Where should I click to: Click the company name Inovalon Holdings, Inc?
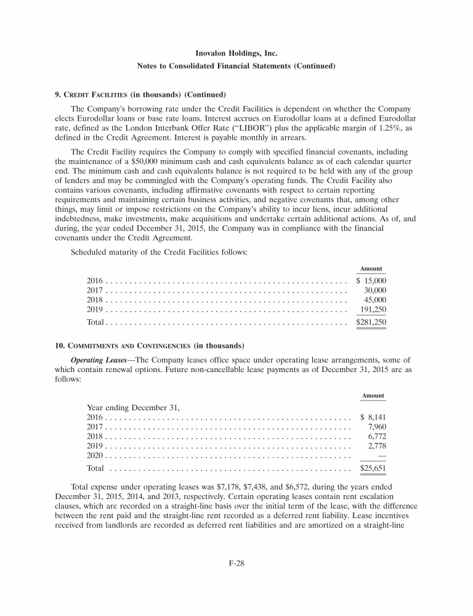pyautogui.click(x=236, y=54)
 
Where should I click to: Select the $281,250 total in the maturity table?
pyautogui.click(x=371, y=322)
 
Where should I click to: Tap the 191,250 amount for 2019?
pyautogui.click(x=373, y=309)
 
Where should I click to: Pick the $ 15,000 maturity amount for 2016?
pyautogui.click(x=371, y=280)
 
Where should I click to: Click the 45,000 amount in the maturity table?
pyautogui.click(x=376, y=299)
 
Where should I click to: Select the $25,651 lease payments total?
pyautogui.click(x=373, y=468)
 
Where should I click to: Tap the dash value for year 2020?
pyautogui.click(x=381, y=455)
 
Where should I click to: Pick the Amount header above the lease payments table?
pyautogui.click(x=373, y=395)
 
